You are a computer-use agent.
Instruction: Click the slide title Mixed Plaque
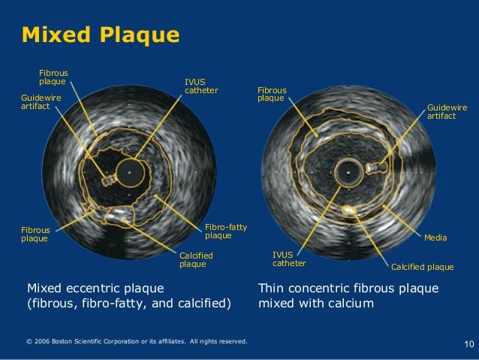pyautogui.click(x=101, y=35)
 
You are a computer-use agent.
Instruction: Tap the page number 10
pyautogui.click(x=469, y=345)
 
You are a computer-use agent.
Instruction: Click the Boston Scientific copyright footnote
pyautogui.click(x=136, y=342)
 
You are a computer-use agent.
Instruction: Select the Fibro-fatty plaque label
pyautogui.click(x=226, y=231)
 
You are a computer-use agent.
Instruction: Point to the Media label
pyautogui.click(x=435, y=237)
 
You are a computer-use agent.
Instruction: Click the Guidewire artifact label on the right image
pyautogui.click(x=447, y=112)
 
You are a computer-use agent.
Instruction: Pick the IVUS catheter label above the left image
pyautogui.click(x=201, y=86)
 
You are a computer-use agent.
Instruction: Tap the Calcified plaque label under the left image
pyautogui.click(x=196, y=260)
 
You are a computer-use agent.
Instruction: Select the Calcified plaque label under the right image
pyautogui.click(x=422, y=267)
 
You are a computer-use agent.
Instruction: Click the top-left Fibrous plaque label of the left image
pyautogui.click(x=53, y=77)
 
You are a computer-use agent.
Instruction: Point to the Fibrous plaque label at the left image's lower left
pyautogui.click(x=35, y=234)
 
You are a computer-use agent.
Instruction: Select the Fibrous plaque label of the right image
pyautogui.click(x=271, y=94)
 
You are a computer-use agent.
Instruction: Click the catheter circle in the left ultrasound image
pyautogui.click(x=131, y=171)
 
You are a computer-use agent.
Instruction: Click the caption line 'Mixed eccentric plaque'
pyautogui.click(x=96, y=288)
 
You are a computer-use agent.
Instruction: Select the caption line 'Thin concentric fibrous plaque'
pyautogui.click(x=348, y=288)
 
